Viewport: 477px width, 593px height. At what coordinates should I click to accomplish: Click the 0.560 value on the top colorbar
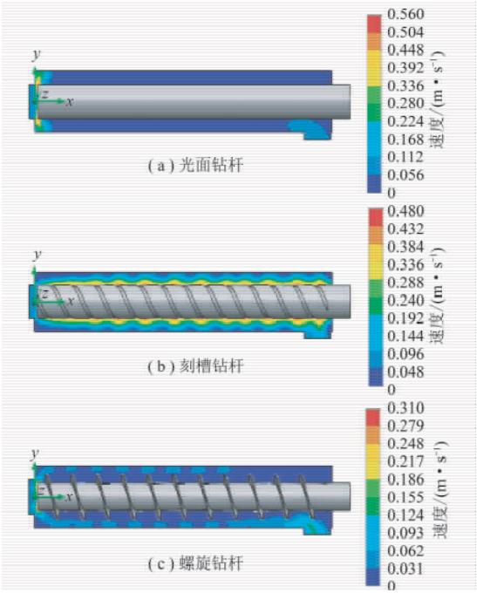[x=405, y=14]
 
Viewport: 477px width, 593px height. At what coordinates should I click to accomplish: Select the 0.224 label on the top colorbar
[x=405, y=122]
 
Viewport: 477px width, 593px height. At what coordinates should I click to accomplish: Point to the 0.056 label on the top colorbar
[x=405, y=175]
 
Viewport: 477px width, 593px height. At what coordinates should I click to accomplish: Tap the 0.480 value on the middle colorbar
[x=405, y=211]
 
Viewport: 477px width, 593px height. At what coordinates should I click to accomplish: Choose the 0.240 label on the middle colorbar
[x=405, y=301]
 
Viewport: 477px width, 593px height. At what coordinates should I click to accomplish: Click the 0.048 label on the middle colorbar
[x=405, y=372]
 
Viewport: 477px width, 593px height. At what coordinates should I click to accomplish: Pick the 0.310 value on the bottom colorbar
[x=405, y=408]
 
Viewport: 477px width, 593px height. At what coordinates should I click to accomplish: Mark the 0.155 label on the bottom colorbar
[x=405, y=497]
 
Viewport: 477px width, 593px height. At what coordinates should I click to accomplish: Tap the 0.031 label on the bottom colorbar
[x=405, y=569]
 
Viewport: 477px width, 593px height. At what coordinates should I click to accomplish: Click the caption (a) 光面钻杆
[x=195, y=166]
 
